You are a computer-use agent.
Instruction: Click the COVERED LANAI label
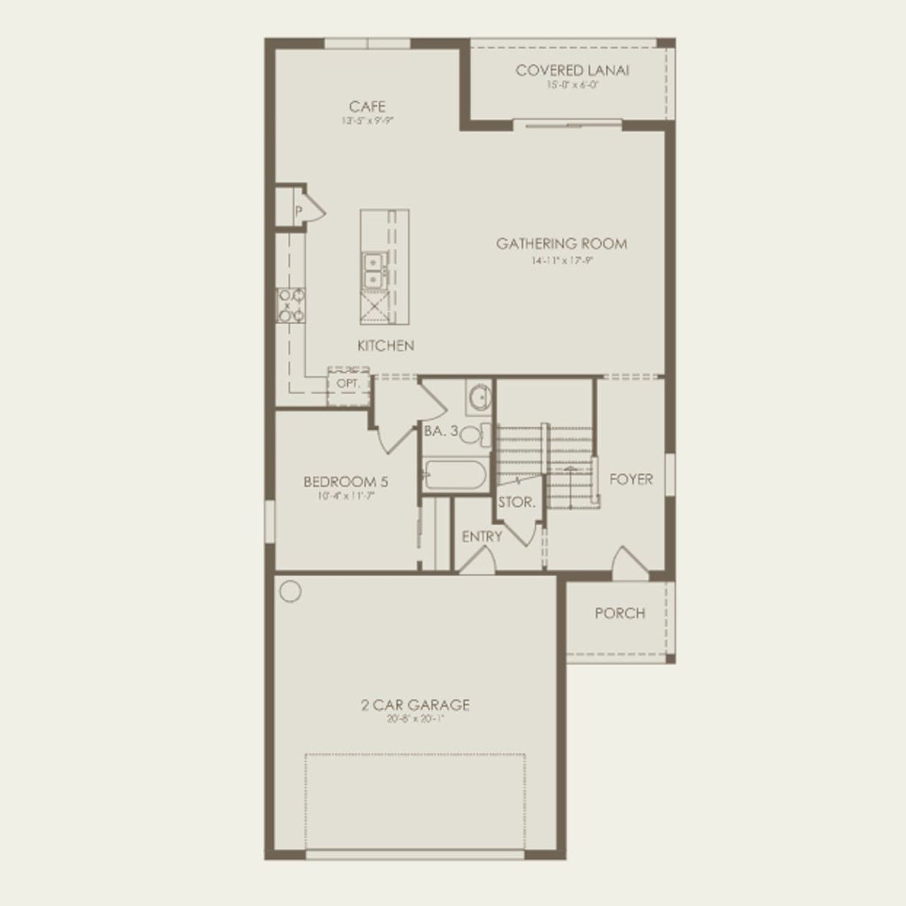click(x=572, y=70)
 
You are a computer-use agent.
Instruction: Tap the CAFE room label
click(x=367, y=107)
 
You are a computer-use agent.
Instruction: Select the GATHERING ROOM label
click(x=561, y=244)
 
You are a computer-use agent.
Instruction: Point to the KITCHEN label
click(x=386, y=346)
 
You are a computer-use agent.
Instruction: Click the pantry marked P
click(x=299, y=210)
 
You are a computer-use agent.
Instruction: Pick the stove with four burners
click(x=291, y=306)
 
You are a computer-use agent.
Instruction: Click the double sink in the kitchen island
click(x=372, y=270)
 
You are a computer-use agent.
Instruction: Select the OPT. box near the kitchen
click(x=348, y=383)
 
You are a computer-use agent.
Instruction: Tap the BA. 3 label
click(x=442, y=430)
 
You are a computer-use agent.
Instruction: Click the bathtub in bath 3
click(x=455, y=474)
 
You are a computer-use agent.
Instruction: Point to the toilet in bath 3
click(x=473, y=434)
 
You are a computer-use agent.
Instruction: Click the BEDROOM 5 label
click(x=345, y=482)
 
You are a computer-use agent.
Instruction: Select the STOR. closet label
click(x=517, y=503)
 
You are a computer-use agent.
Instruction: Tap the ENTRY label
click(x=482, y=537)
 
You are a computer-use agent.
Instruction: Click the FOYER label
click(x=631, y=479)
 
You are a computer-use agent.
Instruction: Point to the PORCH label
click(x=619, y=613)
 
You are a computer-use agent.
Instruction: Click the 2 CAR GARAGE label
click(x=415, y=705)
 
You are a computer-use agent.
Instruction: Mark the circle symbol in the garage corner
click(x=290, y=591)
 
